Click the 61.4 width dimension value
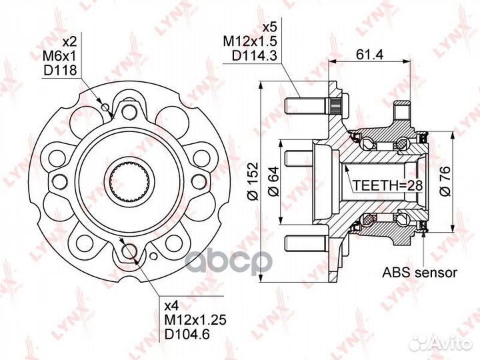click(369, 55)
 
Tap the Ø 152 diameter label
click(254, 181)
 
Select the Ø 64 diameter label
click(273, 181)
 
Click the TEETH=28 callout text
click(388, 185)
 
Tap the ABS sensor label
click(420, 272)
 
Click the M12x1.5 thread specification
click(250, 41)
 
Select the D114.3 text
click(255, 56)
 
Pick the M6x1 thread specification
click(59, 56)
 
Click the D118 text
click(60, 70)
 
